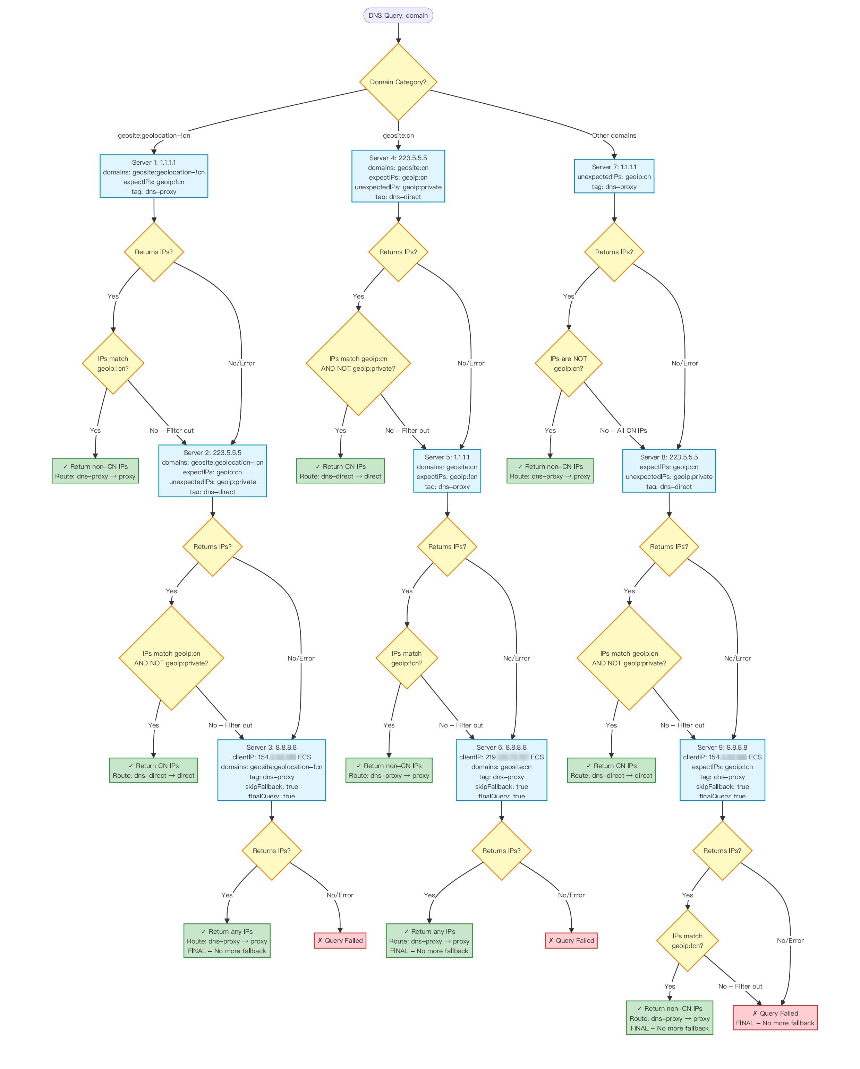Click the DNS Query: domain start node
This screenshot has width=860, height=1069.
point(398,15)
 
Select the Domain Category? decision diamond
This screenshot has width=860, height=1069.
point(398,82)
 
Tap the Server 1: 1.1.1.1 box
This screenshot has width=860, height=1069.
point(154,176)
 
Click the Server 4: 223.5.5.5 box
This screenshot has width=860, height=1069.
point(398,176)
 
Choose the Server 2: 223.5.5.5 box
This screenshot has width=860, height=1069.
point(212,471)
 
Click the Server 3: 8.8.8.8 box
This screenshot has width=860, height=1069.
point(271,770)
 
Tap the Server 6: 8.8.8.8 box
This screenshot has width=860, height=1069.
point(501,770)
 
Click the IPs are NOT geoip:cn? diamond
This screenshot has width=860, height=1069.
point(568,363)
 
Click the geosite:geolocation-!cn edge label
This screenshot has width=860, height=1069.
point(154,135)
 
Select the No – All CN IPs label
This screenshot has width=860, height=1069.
point(623,430)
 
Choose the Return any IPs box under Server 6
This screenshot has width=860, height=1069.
point(429,941)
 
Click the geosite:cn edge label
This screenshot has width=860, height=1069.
point(398,135)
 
